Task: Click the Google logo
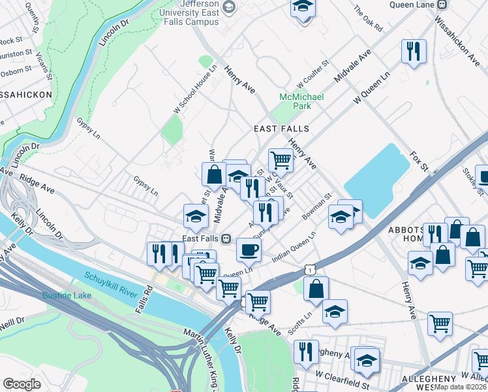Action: pos(22,384)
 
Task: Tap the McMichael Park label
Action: pos(297,101)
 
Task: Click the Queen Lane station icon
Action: pos(443,4)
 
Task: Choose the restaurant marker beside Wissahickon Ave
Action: pos(414,52)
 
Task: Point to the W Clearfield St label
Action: pos(343,376)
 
